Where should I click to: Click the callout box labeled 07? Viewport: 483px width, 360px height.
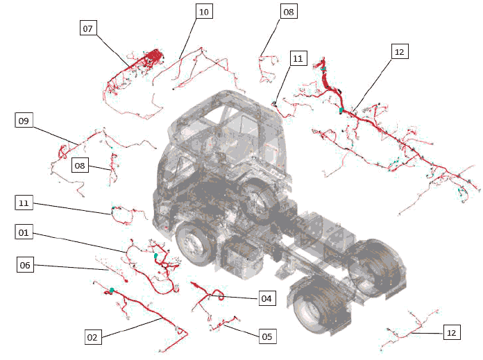(88, 28)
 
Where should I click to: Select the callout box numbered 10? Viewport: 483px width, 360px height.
(204, 11)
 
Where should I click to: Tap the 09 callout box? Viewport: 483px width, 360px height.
(24, 120)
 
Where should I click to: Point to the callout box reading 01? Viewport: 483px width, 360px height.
(24, 232)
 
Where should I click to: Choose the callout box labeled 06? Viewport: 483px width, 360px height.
(25, 264)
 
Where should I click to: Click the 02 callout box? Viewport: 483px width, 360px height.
(93, 336)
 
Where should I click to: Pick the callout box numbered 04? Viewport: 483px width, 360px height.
(267, 298)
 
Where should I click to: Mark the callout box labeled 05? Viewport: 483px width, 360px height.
(267, 336)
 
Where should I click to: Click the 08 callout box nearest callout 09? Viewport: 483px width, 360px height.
(80, 165)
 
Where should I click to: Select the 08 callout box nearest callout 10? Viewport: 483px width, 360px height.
(289, 11)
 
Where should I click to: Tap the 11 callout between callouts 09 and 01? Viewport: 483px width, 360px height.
(24, 203)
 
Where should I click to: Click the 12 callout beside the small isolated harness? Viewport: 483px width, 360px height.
(452, 332)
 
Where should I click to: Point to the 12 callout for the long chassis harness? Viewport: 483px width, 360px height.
(400, 51)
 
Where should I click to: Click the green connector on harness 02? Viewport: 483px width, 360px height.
(112, 290)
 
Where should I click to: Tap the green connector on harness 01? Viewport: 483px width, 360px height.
(156, 255)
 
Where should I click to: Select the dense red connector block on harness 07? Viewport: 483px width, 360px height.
(153, 55)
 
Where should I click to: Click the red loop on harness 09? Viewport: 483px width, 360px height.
(62, 152)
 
